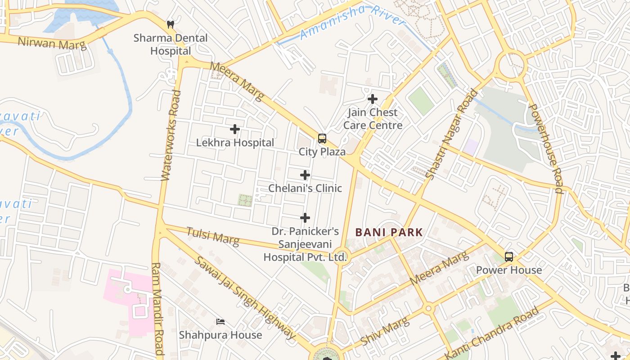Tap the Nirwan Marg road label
51,44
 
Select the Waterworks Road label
171,135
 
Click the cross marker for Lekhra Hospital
234,130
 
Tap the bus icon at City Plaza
322,139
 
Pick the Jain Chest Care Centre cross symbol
373,99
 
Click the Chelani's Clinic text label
305,188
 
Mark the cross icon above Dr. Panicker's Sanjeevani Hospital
305,218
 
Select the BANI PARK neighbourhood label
389,233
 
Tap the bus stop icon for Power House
509,257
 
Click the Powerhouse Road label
546,148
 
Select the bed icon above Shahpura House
220,322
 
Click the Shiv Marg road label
385,331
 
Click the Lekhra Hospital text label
235,143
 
